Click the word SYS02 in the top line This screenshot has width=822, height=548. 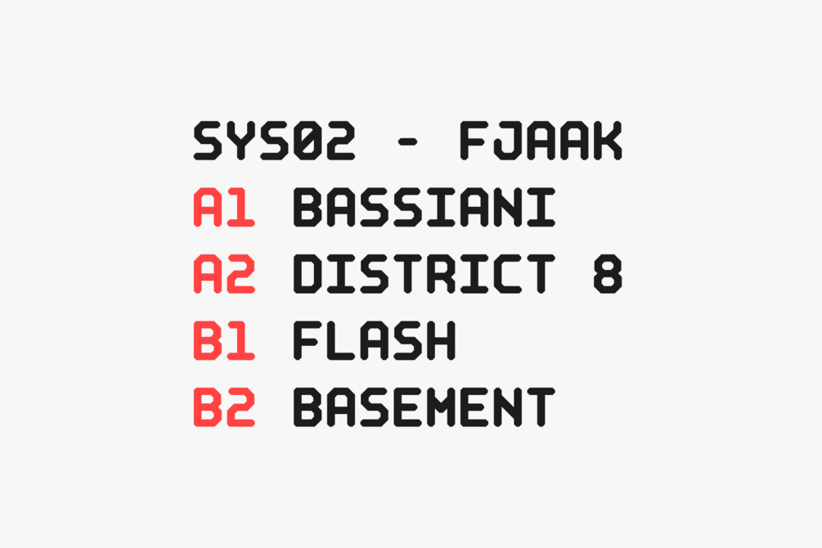click(x=274, y=141)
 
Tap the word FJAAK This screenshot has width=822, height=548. click(x=541, y=141)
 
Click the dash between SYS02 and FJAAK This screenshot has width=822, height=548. click(x=407, y=141)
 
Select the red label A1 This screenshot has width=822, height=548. click(x=224, y=207)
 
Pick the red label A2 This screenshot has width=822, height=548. click(x=224, y=274)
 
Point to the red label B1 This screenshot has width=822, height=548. click(x=224, y=340)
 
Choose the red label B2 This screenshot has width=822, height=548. click(x=224, y=407)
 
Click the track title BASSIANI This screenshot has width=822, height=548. click(x=424, y=207)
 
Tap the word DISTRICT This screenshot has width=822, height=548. click(x=424, y=274)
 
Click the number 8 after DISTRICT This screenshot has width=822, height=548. click(x=608, y=274)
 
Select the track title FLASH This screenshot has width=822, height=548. click(x=375, y=340)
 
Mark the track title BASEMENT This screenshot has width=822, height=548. click(x=424, y=407)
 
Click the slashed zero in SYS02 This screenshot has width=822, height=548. click(x=308, y=141)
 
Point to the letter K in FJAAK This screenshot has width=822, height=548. click(x=608, y=141)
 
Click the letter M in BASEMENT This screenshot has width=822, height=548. click(x=441, y=407)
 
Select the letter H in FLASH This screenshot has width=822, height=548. click(x=441, y=340)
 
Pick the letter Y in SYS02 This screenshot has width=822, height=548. click(x=240, y=141)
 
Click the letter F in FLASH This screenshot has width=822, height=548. click(x=308, y=340)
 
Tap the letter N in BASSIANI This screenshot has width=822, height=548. click(x=507, y=207)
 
